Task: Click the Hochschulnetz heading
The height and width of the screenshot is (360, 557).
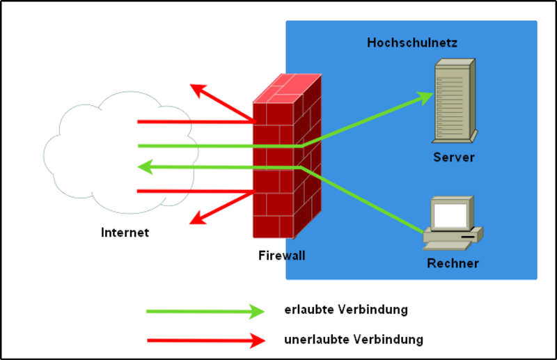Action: pyautogui.click(x=411, y=43)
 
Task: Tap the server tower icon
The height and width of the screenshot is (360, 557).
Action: pyautogui.click(x=455, y=100)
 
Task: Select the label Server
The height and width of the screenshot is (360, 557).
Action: pyautogui.click(x=453, y=157)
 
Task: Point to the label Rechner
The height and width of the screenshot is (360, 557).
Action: pyautogui.click(x=453, y=263)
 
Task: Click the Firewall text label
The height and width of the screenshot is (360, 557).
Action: pyautogui.click(x=281, y=256)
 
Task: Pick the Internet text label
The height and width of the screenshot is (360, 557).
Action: pyautogui.click(x=125, y=233)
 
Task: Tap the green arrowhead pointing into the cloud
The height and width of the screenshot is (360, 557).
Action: pyautogui.click(x=144, y=167)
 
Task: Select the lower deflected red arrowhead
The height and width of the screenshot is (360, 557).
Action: pyautogui.click(x=198, y=219)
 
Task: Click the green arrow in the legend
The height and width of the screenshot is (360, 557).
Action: pyautogui.click(x=205, y=311)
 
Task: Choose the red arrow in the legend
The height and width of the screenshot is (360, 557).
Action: pyautogui.click(x=205, y=341)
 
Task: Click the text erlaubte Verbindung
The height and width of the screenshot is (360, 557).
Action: pyautogui.click(x=346, y=308)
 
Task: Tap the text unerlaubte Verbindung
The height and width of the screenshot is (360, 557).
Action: pyautogui.click(x=354, y=340)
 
